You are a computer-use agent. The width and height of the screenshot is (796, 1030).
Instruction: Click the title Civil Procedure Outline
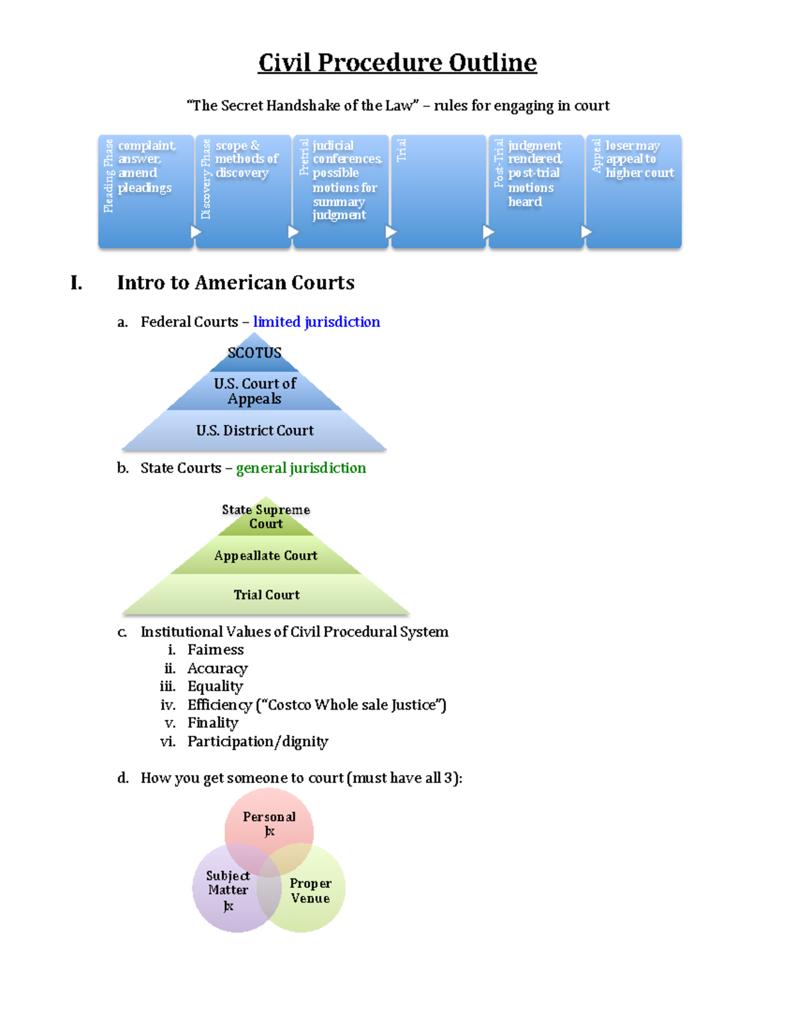[x=397, y=63]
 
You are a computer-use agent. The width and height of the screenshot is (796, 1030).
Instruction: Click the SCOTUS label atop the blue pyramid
[x=255, y=353]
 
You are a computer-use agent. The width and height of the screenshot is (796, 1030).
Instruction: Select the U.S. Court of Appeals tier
[x=255, y=391]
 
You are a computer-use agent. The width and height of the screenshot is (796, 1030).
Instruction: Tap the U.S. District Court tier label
[x=255, y=430]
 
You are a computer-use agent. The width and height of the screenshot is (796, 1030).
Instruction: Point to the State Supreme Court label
[x=266, y=517]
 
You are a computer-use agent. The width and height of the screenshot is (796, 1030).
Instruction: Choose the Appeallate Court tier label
[x=266, y=556]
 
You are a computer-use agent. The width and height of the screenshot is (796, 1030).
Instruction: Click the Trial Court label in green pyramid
[x=267, y=595]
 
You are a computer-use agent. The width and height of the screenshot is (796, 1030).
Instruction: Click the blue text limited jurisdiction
[x=316, y=322]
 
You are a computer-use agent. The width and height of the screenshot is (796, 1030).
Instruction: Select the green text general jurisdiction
[x=301, y=468]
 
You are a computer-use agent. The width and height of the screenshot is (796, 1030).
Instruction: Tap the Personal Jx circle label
[x=269, y=824]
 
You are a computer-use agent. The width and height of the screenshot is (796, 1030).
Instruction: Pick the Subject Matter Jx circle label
[x=228, y=891]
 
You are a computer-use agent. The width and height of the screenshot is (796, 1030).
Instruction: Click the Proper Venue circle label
[x=310, y=891]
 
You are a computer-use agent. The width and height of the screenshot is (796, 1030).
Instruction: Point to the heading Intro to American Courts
[x=235, y=283]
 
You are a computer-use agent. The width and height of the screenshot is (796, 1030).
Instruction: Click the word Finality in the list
[x=213, y=723]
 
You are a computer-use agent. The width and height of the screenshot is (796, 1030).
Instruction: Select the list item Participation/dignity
[x=258, y=741]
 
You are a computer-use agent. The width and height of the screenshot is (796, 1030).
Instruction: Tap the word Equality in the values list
[x=216, y=686]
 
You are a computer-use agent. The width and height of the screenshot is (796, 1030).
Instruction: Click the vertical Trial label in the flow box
[x=401, y=150]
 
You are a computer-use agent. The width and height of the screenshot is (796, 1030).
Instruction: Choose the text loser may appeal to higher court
[x=639, y=159]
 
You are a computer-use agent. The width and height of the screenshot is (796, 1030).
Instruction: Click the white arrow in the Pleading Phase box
[x=196, y=231]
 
